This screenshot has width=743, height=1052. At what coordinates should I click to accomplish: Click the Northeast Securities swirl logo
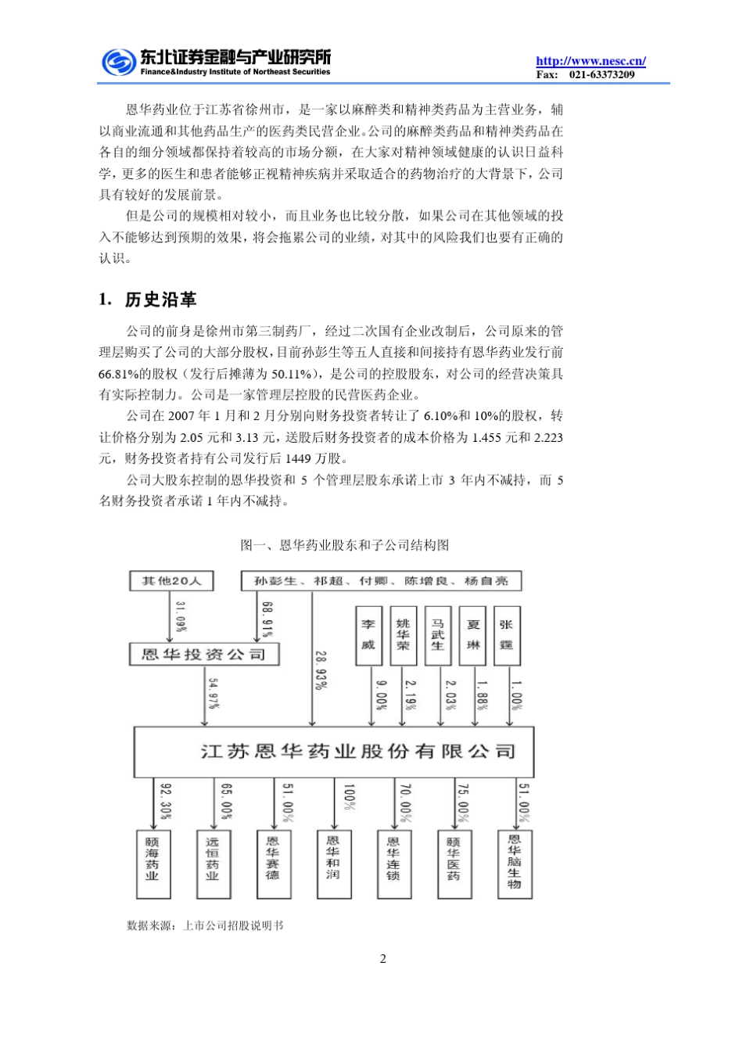(x=118, y=62)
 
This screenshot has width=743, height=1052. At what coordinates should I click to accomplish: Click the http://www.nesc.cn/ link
(x=590, y=61)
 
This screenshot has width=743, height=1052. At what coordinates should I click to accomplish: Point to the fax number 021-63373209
(x=601, y=75)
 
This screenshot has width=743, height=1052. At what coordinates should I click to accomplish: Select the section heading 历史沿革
(x=160, y=300)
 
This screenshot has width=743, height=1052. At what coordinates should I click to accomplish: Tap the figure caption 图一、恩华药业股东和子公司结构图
(x=345, y=545)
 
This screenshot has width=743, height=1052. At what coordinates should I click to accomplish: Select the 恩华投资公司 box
(x=203, y=654)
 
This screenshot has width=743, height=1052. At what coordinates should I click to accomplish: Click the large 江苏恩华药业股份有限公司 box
(x=334, y=751)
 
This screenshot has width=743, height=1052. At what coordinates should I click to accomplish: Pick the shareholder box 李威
(x=368, y=635)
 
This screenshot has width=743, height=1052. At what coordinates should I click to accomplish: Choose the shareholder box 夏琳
(x=473, y=635)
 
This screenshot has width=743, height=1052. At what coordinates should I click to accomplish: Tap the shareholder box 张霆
(x=507, y=635)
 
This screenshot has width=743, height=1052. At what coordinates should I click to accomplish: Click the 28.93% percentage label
(x=320, y=670)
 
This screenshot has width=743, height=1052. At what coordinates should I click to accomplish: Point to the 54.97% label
(x=213, y=693)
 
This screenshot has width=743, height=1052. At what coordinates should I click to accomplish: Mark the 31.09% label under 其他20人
(x=181, y=616)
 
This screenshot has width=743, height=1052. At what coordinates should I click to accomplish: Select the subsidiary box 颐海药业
(x=152, y=864)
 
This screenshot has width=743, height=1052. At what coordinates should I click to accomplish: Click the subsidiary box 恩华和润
(x=333, y=863)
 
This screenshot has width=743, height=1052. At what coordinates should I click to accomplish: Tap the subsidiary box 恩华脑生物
(x=514, y=863)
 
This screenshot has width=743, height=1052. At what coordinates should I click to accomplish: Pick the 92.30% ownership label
(x=165, y=802)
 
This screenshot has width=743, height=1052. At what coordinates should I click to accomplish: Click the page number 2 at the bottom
(x=382, y=959)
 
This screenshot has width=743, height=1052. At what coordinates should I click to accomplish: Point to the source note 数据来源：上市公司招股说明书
(x=205, y=925)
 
